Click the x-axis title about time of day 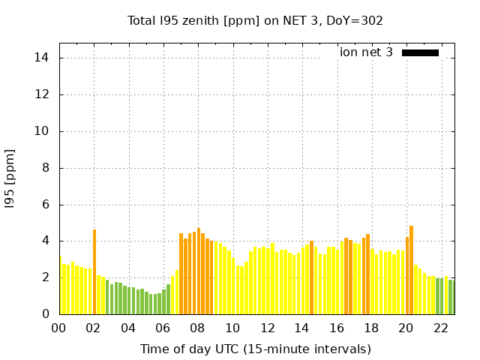click(x=256, y=349)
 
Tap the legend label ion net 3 click(x=366, y=52)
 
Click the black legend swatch click(x=420, y=52)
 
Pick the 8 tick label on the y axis click(x=46, y=168)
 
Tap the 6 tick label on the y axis click(x=46, y=204)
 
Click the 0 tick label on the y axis click(x=46, y=313)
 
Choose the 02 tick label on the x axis click(x=94, y=328)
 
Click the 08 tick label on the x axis click(x=198, y=328)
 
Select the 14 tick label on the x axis click(x=302, y=328)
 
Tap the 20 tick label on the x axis click(x=406, y=328)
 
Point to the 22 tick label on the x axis click(x=441, y=328)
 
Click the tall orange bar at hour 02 click(x=94, y=271)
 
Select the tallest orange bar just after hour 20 click(x=411, y=270)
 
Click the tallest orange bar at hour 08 click(x=199, y=271)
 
